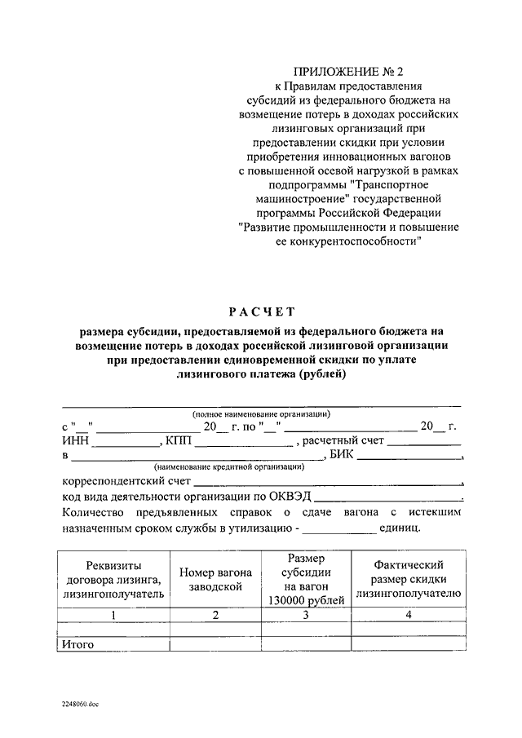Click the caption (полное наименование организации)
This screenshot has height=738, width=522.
261,414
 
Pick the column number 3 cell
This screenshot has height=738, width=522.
305,616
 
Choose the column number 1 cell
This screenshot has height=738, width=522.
113,616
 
